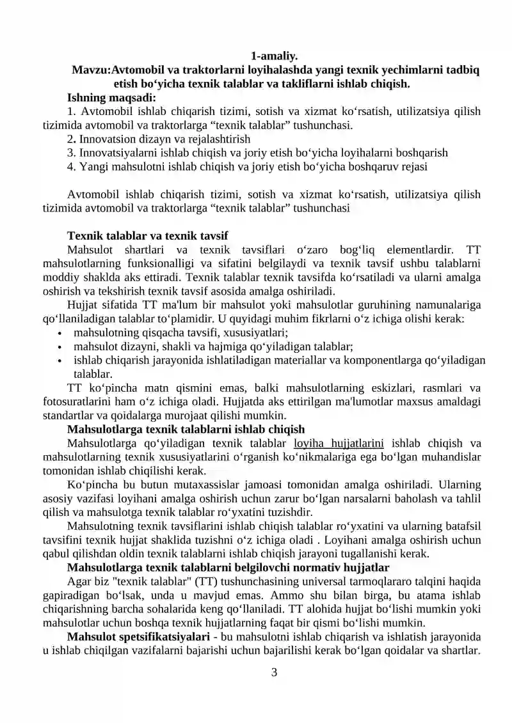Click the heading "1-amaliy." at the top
coord(274,56)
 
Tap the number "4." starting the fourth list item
coord(72,167)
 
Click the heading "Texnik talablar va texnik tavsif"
coord(148,235)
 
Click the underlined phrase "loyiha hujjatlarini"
coord(338,443)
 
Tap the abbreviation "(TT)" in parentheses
coord(204,581)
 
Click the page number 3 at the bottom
coord(274,672)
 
